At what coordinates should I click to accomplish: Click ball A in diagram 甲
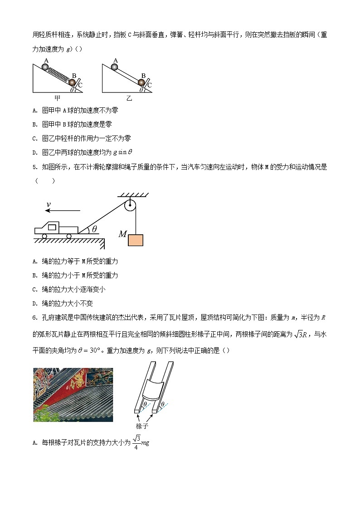click(x=45, y=67)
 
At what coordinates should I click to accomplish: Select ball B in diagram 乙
click(x=141, y=82)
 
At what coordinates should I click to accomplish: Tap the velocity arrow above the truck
click(x=63, y=211)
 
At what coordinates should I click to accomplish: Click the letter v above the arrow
click(x=49, y=204)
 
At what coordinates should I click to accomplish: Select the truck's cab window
click(x=53, y=227)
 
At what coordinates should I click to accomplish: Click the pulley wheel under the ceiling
click(x=130, y=206)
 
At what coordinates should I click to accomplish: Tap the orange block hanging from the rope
click(x=135, y=239)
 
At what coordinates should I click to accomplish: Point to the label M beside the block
click(x=122, y=234)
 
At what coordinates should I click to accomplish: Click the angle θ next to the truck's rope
click(x=94, y=229)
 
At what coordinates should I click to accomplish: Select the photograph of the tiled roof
click(x=73, y=394)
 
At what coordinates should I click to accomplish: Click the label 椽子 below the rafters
click(x=142, y=426)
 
